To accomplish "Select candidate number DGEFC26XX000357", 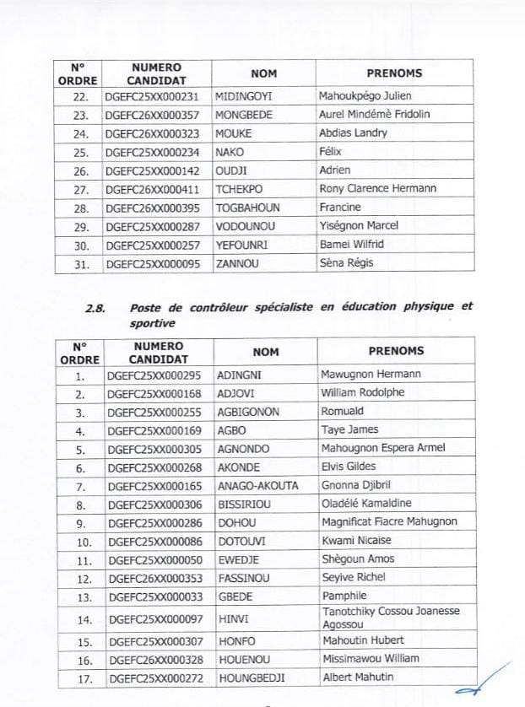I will (156, 115).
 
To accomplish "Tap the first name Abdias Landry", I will (353, 133).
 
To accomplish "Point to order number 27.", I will (79, 189).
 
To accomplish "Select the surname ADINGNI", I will (239, 375).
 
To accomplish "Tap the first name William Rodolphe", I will (363, 393).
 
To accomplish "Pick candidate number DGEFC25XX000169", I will (156, 430).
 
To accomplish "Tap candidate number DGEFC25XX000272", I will (156, 677).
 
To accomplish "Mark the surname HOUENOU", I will (244, 659).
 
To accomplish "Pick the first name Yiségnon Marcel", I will (359, 226).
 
